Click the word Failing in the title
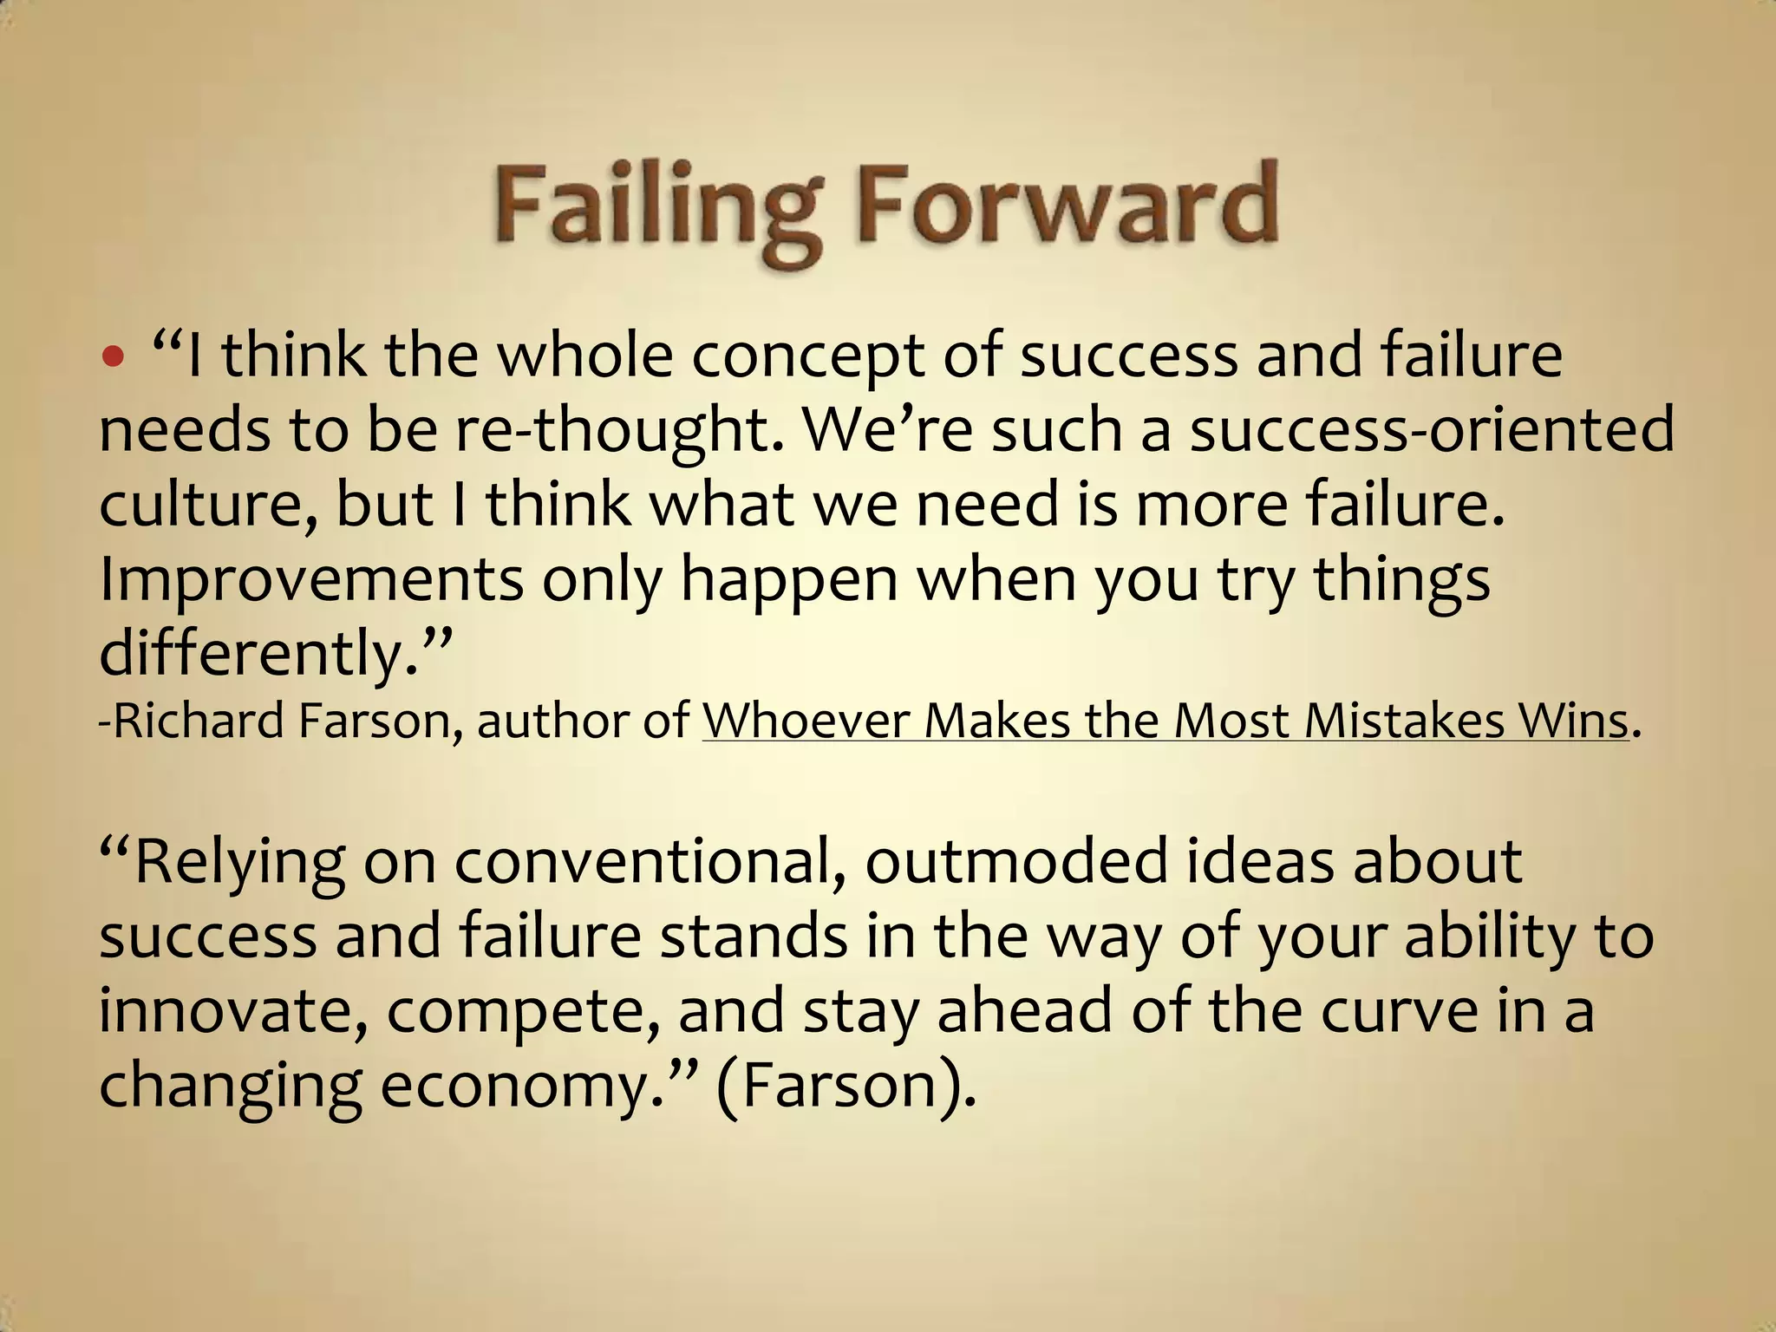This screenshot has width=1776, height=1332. pos(655,208)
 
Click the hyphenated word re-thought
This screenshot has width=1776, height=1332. pos(619,432)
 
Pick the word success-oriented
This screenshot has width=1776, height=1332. pos(1432,430)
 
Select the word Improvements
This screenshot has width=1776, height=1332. pos(311,581)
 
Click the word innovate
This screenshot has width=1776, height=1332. pos(233,1011)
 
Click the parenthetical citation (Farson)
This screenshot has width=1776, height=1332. pos(846,1086)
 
